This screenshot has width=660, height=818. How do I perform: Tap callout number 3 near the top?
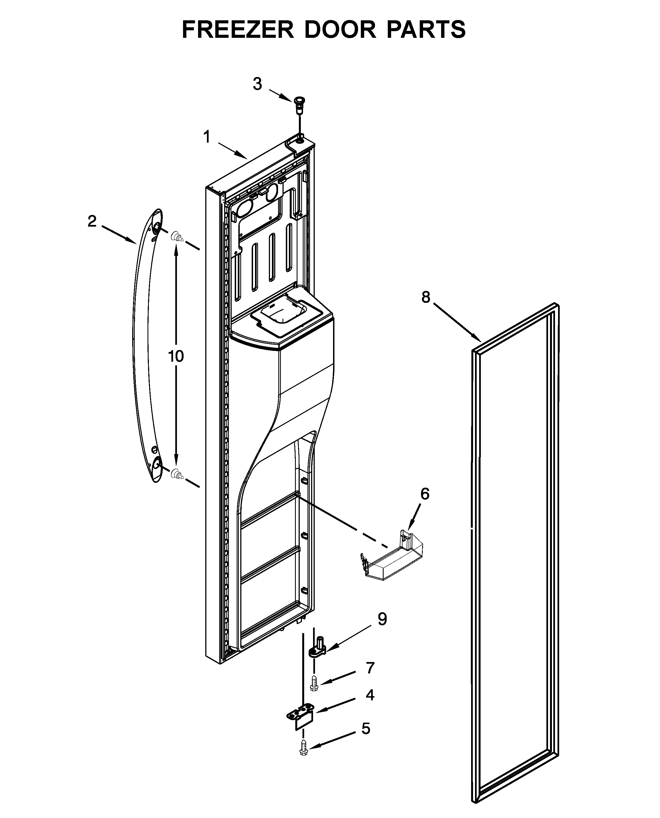click(257, 84)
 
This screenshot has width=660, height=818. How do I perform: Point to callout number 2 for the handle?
click(92, 221)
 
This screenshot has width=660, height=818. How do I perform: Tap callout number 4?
click(370, 695)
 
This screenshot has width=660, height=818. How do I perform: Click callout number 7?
click(370, 668)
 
